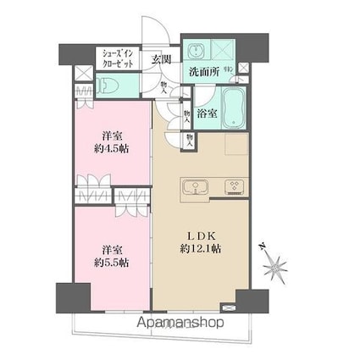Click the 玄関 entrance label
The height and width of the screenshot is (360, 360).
pyautogui.click(x=162, y=59)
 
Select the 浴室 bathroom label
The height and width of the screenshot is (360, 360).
pyautogui.click(x=206, y=111)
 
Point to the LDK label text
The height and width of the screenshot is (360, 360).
pyautogui.click(x=200, y=235)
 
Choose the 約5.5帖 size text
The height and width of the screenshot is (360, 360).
pyautogui.click(x=113, y=263)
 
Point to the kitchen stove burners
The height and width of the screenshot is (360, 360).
pyautogui.click(x=231, y=186)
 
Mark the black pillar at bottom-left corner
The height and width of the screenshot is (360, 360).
pyautogui.click(x=68, y=298)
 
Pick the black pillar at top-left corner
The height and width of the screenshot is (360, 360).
pyautogui.click(x=69, y=53)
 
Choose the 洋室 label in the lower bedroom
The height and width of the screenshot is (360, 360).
pyautogui.click(x=113, y=249)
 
